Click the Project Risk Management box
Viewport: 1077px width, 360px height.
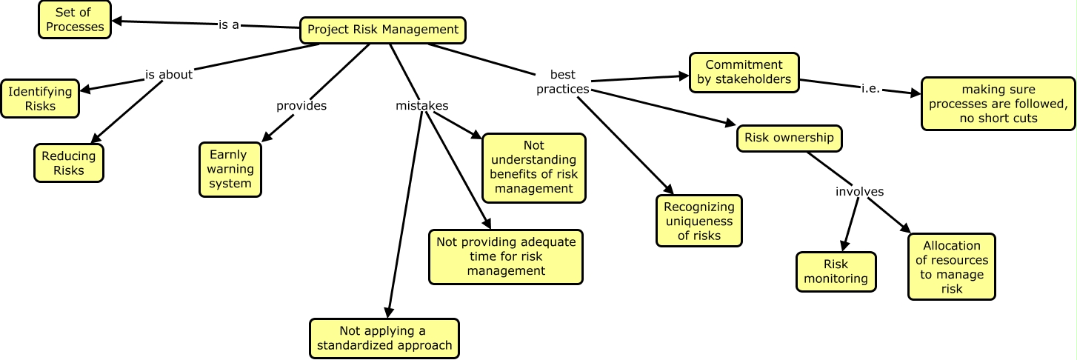pyautogui.click(x=383, y=30)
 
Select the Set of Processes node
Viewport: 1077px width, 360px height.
pyautogui.click(x=73, y=20)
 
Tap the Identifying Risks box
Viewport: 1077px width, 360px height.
pyautogui.click(x=40, y=99)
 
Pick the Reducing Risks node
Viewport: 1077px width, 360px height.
pyautogui.click(x=69, y=163)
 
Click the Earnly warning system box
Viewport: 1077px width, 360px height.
pyautogui.click(x=230, y=169)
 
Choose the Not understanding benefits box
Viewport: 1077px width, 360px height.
pyautogui.click(x=533, y=167)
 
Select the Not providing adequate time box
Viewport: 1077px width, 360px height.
pyautogui.click(x=506, y=257)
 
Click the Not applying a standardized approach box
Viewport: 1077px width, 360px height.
pyautogui.click(x=384, y=338)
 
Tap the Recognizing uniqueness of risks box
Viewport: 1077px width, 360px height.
pyautogui.click(x=698, y=221)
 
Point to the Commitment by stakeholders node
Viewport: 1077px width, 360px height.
pyautogui.click(x=744, y=73)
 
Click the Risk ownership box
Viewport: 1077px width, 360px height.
pyautogui.click(x=789, y=138)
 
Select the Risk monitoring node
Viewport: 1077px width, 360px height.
pyautogui.click(x=836, y=272)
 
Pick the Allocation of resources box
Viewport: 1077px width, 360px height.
pyautogui.click(x=952, y=267)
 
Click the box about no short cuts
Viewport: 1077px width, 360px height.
pyautogui.click(x=998, y=104)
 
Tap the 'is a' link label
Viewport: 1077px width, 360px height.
pyautogui.click(x=228, y=24)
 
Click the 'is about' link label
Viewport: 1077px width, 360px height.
pyautogui.click(x=168, y=74)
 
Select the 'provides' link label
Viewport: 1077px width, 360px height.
pyautogui.click(x=301, y=106)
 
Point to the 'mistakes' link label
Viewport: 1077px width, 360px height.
pyautogui.click(x=421, y=106)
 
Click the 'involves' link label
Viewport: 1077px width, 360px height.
pyautogui.click(x=859, y=191)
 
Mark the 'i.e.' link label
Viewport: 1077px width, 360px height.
pyautogui.click(x=870, y=88)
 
